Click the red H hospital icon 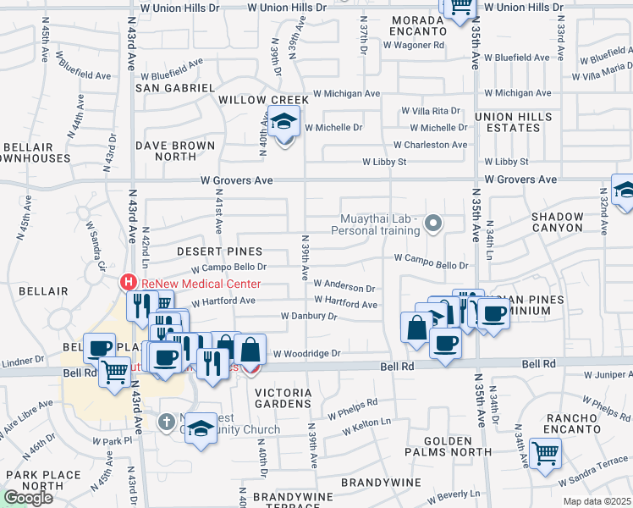click(x=128, y=282)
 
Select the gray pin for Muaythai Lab click(x=433, y=224)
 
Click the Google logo click(x=28, y=497)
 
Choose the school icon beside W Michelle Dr click(x=284, y=124)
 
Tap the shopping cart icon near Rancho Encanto click(x=545, y=453)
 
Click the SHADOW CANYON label click(x=557, y=222)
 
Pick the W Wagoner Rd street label click(x=416, y=46)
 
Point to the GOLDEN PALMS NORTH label click(x=447, y=447)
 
